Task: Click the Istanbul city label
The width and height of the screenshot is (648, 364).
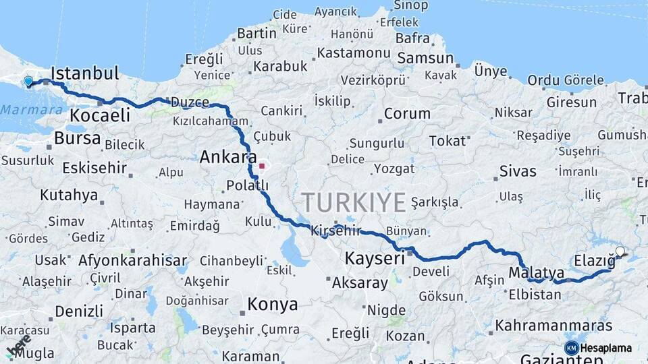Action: [x=84, y=73]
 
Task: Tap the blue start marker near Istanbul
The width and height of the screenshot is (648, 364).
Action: [x=28, y=82]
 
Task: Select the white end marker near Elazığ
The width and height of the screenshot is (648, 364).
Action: [x=620, y=252]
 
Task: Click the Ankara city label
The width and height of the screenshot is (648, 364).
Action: [x=227, y=157]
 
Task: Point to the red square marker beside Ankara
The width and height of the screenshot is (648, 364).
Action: [x=262, y=165]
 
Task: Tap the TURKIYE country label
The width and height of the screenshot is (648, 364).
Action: [x=353, y=202]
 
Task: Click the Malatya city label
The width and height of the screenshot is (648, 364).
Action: [x=536, y=272]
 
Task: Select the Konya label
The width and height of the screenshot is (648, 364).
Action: [x=272, y=304]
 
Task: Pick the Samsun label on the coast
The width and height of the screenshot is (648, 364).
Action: [x=425, y=59]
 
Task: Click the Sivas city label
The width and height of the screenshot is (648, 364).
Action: [x=518, y=171]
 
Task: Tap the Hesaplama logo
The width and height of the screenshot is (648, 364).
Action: [x=597, y=348]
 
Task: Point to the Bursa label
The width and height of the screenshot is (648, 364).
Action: [x=77, y=138]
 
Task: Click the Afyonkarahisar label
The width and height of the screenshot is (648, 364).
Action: [x=132, y=260]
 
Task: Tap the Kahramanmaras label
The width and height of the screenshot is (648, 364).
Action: [x=553, y=326]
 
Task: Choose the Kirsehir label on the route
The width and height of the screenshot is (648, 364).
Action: [x=336, y=230]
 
